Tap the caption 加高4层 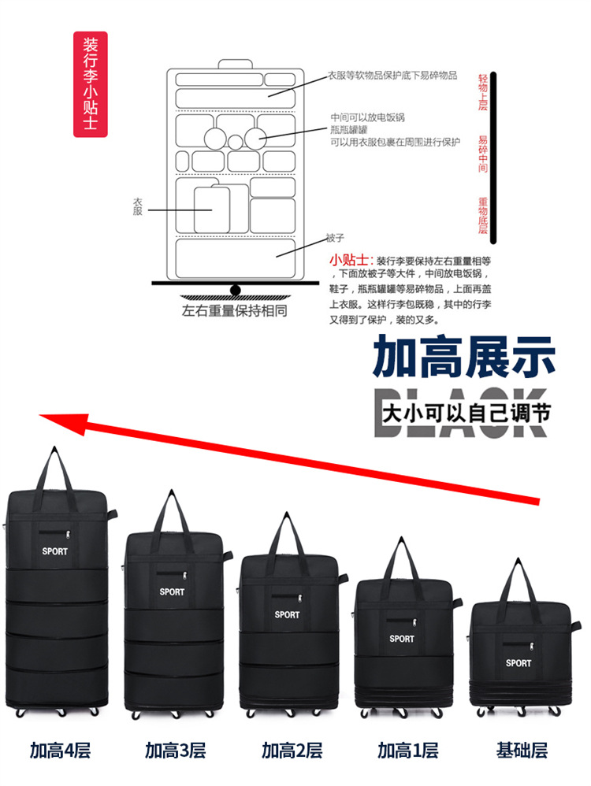click(61, 751)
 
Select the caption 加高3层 click(175, 751)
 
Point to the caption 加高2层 click(292, 751)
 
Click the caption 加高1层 click(407, 751)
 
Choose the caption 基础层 click(522, 751)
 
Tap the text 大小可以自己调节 click(466, 412)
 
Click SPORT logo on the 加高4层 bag click(55, 551)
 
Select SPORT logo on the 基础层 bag click(519, 663)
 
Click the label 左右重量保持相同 click(234, 310)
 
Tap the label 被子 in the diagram click(335, 238)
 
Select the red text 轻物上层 click(483, 93)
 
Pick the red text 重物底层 click(483, 216)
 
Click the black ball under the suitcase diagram click(235, 289)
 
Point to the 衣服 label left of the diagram click(138, 207)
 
